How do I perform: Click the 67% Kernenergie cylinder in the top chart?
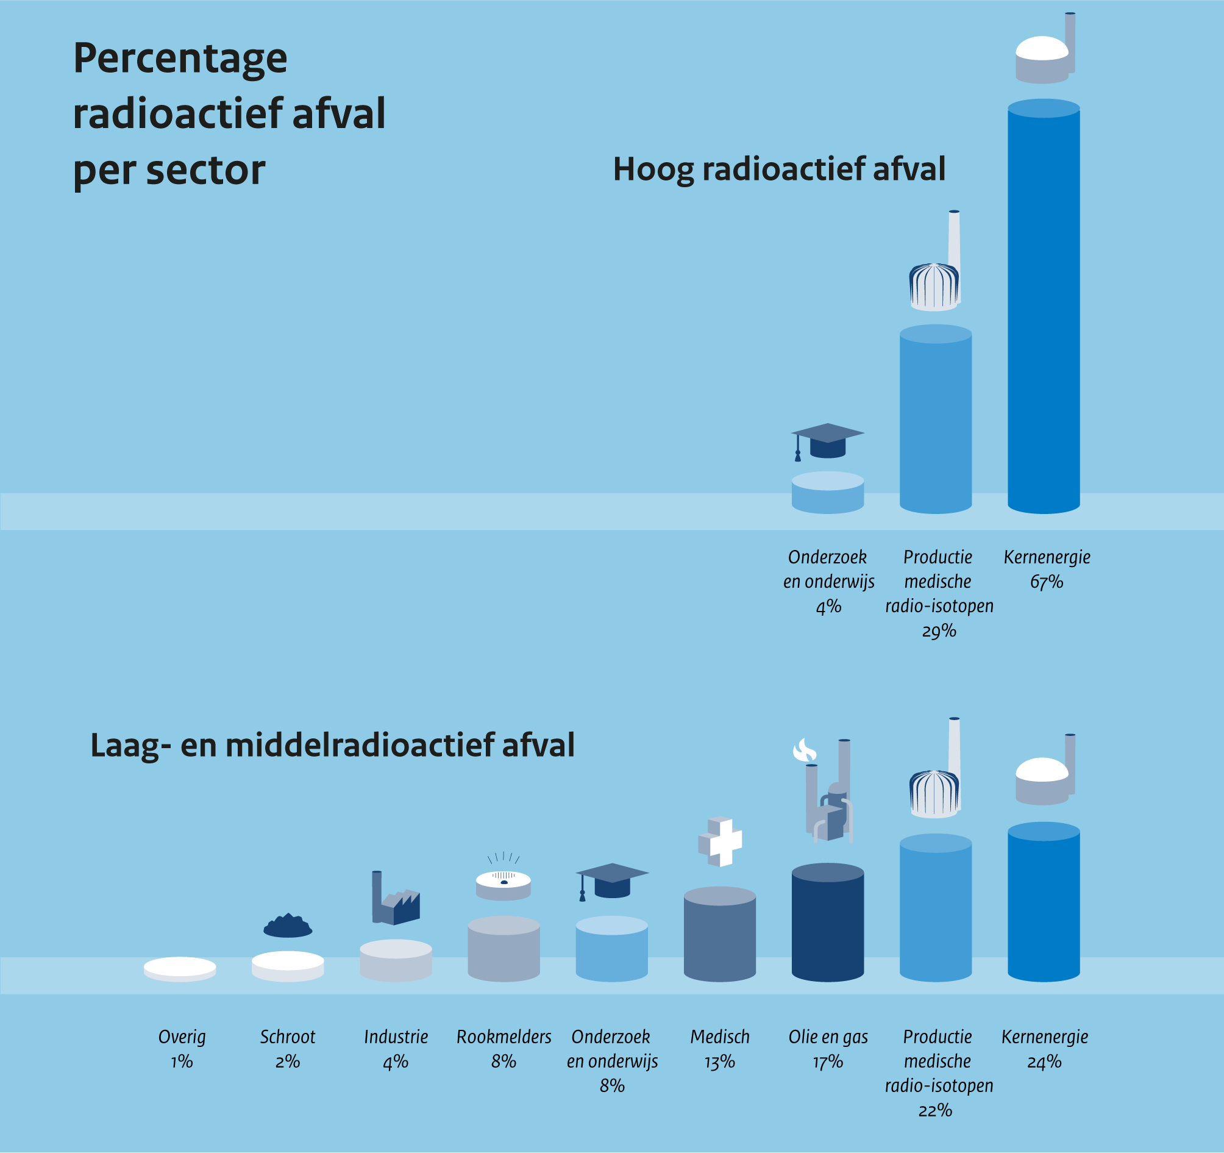pos(1044,308)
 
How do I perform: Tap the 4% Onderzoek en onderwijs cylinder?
pos(828,493)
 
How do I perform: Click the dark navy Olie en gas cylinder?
pos(828,923)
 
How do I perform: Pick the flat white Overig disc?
pos(180,969)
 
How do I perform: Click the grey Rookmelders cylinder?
pos(503,949)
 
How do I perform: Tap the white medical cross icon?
pos(721,841)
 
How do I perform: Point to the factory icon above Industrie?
pos(395,902)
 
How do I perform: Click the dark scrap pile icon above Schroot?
pos(288,926)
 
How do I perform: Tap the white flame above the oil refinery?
pos(804,751)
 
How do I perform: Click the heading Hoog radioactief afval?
pos(779,170)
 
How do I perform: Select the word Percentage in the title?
pos(180,59)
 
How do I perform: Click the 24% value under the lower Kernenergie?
pos(1044,1062)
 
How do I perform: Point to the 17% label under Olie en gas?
pos(828,1062)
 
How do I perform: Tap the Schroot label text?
pos(288,1037)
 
